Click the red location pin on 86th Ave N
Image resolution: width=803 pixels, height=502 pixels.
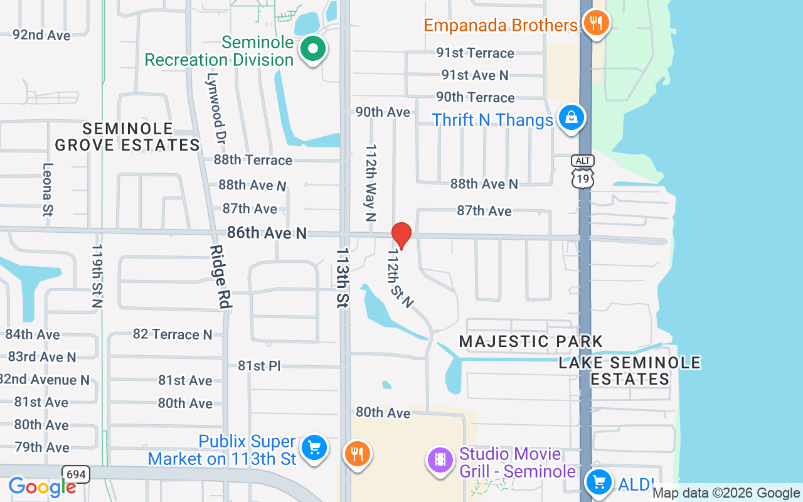pyautogui.click(x=401, y=235)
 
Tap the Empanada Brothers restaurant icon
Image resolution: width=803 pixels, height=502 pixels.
pyautogui.click(x=595, y=24)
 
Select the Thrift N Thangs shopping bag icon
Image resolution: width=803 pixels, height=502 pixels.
pyautogui.click(x=572, y=117)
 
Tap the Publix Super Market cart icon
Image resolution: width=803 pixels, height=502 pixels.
pyautogui.click(x=314, y=448)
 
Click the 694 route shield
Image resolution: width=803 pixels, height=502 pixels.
pyautogui.click(x=75, y=474)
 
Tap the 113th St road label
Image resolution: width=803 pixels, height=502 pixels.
pyautogui.click(x=343, y=277)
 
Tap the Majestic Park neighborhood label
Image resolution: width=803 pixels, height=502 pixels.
pyautogui.click(x=531, y=341)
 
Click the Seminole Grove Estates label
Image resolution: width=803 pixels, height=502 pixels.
pyautogui.click(x=127, y=137)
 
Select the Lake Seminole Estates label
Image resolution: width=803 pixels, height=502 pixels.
pyautogui.click(x=630, y=370)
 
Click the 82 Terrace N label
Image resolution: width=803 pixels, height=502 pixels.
pyautogui.click(x=173, y=334)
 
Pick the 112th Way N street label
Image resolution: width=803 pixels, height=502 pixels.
pyautogui.click(x=371, y=184)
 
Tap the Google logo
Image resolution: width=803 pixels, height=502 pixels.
pyautogui.click(x=42, y=487)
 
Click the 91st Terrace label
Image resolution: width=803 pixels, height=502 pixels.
pyautogui.click(x=476, y=53)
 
